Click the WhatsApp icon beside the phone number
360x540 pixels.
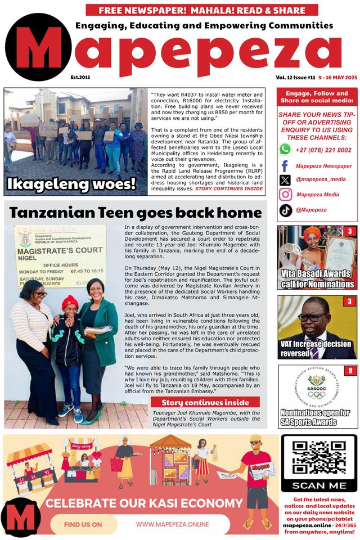click(285, 149)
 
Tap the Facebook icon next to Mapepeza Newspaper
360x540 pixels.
click(285, 166)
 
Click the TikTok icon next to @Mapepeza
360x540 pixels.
click(286, 210)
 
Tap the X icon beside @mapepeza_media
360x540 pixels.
click(285, 180)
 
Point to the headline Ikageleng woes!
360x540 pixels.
click(71, 183)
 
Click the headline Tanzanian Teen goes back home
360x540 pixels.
click(136, 213)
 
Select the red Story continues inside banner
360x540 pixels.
click(205, 402)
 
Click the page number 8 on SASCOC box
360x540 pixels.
click(349, 371)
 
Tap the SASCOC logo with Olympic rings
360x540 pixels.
click(317, 388)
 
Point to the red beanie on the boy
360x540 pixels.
click(69, 301)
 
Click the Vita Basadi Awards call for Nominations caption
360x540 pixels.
click(318, 279)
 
